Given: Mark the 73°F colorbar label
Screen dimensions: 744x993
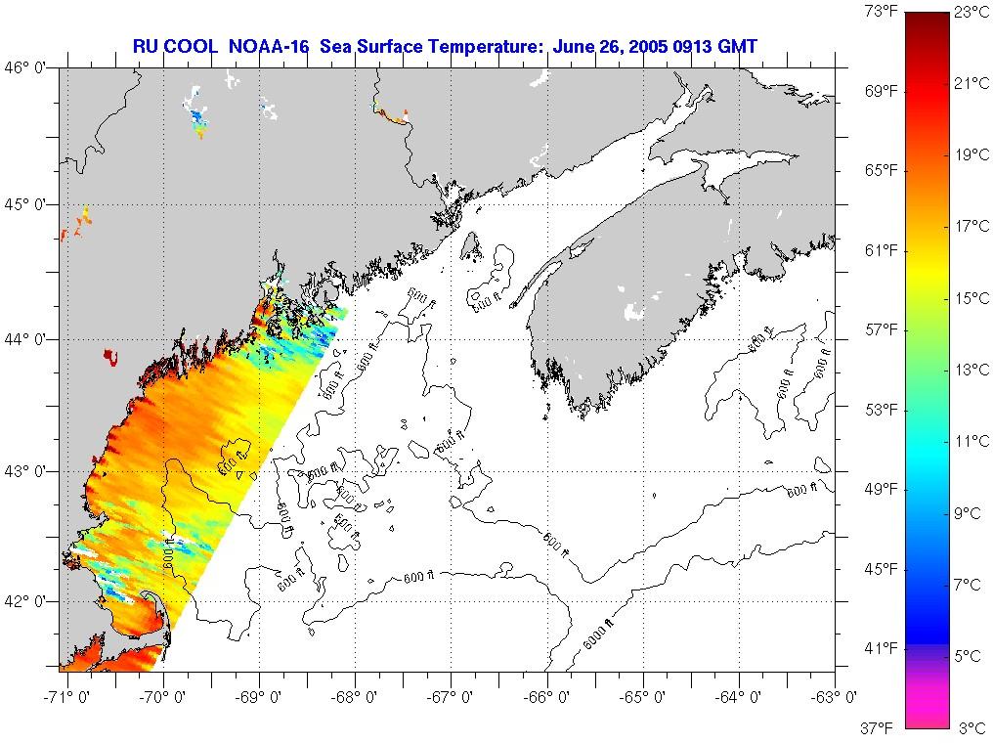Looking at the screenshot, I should click(x=879, y=12).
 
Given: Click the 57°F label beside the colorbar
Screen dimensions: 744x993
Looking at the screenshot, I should click(x=879, y=329).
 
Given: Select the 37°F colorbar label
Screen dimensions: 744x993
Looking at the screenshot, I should click(x=879, y=727).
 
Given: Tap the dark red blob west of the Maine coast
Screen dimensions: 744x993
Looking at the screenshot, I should click(x=110, y=358).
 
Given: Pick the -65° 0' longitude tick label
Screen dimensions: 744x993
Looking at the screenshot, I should click(x=642, y=696).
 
